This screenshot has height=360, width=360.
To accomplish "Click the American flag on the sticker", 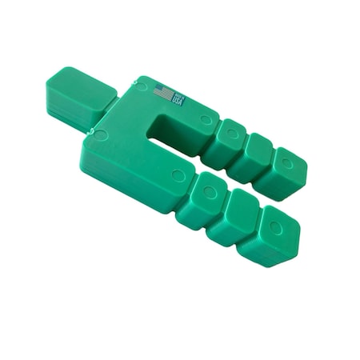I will (x=163, y=93).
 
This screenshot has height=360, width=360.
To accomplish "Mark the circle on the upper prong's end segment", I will (x=286, y=162).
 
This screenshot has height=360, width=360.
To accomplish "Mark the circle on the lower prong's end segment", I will (x=275, y=227).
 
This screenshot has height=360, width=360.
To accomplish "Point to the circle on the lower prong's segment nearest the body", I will (x=210, y=192).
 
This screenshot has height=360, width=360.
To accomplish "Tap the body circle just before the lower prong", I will (x=178, y=174).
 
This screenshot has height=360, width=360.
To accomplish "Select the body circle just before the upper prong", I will (x=206, y=121).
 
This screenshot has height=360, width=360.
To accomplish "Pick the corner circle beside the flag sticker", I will (x=142, y=86).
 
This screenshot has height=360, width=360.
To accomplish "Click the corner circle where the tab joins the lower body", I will (x=101, y=134).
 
